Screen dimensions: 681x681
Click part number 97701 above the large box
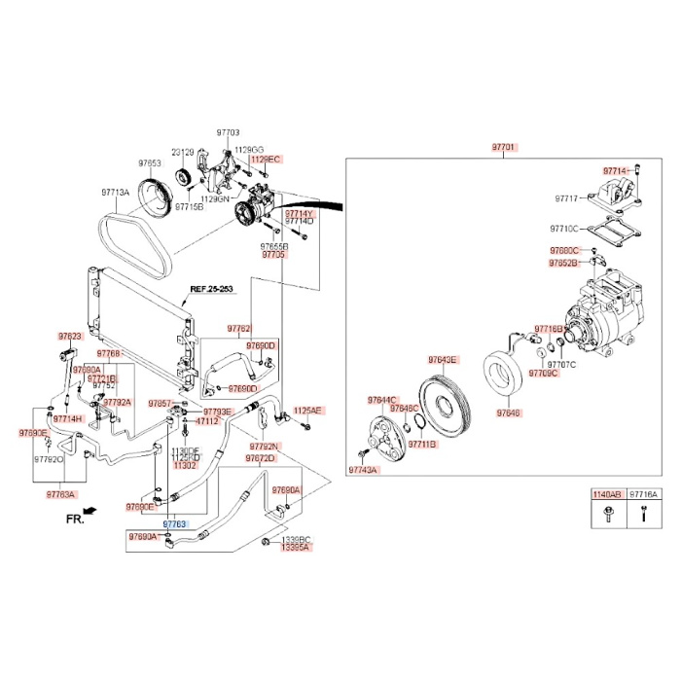[x=504, y=147]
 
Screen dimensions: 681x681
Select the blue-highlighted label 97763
[x=174, y=523]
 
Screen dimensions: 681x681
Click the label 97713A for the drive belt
[x=116, y=193]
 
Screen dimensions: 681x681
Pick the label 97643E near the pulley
[x=442, y=359]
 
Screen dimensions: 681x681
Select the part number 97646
[x=509, y=412]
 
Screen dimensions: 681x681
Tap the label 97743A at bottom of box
[x=363, y=470]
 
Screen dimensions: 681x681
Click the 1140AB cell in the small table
[x=606, y=494]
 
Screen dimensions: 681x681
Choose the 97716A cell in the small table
[x=642, y=494]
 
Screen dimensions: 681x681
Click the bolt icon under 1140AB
[x=606, y=516]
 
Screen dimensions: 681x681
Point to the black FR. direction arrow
[x=90, y=510]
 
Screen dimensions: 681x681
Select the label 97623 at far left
[x=68, y=336]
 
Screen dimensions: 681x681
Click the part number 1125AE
[x=307, y=411]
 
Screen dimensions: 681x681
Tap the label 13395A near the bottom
[x=295, y=548]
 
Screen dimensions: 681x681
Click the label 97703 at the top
[x=227, y=132]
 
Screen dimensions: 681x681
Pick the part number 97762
[x=239, y=329]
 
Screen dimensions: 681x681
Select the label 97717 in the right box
[x=567, y=198]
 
